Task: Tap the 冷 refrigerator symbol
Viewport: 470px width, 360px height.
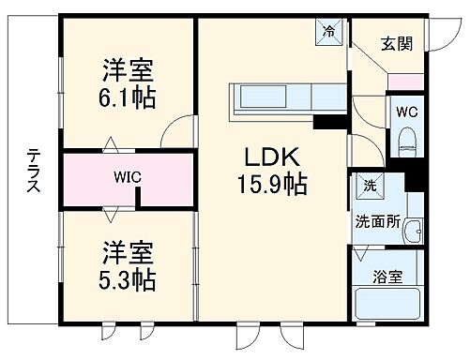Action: pyautogui.click(x=330, y=31)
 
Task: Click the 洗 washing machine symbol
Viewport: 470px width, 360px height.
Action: pyautogui.click(x=369, y=187)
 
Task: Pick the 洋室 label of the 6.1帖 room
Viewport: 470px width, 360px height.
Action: pyautogui.click(x=129, y=67)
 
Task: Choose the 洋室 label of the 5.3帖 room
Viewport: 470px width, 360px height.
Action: pyautogui.click(x=129, y=251)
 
